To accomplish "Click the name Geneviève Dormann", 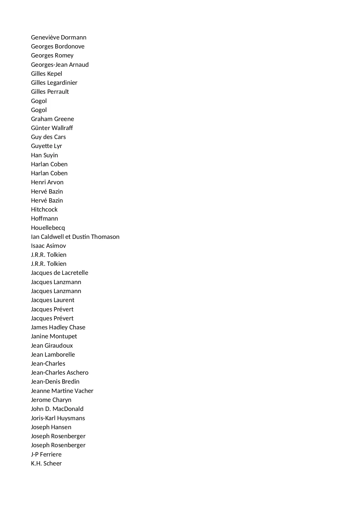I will pos(59,37).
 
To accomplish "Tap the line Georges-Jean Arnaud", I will pos(60,65).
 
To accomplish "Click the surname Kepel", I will pos(55,74).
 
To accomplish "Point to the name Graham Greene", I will pos(53,119).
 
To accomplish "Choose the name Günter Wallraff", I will pos(52,128).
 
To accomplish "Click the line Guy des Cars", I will pos(48,137).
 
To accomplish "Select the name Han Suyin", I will pos(44,155).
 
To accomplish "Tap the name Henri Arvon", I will pos(47,182).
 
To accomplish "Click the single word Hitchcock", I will pos(44,210).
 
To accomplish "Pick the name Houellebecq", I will pos(48,228).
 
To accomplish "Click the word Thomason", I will pos(105,237).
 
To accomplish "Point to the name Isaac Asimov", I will pos(48,246).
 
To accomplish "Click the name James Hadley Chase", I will pos(58,327).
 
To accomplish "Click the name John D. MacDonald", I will pos(57,409).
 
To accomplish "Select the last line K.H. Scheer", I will pos(46,463).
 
